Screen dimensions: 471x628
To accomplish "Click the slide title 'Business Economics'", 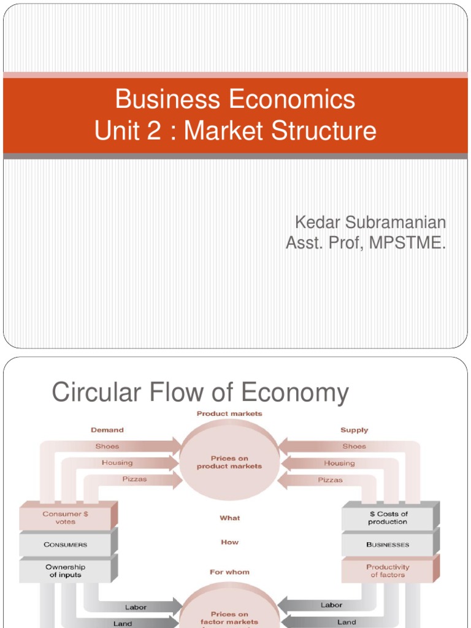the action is tap(235, 99).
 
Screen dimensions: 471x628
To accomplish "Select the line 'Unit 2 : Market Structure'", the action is tap(235, 131).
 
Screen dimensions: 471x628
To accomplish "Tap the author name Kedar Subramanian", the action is tap(370, 222).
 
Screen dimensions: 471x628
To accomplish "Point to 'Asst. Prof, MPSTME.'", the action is tap(366, 243).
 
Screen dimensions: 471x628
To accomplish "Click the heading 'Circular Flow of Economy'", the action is tap(200, 393).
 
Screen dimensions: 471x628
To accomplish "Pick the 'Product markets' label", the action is tap(229, 414).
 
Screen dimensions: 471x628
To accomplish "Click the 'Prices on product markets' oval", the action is tap(229, 462).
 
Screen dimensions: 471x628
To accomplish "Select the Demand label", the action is tap(107, 430).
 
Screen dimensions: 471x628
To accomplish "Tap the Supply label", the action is tap(354, 430).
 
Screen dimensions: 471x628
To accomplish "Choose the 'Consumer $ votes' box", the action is tap(66, 518).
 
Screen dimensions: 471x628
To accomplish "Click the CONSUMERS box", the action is tap(66, 545).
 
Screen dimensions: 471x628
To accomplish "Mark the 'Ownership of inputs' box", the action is tap(66, 571).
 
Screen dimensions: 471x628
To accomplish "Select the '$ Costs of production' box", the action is tap(388, 518).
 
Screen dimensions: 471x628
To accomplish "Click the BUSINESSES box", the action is tap(388, 545).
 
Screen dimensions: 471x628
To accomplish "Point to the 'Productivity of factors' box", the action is tap(388, 571).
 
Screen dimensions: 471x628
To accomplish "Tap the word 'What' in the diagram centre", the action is tap(230, 518).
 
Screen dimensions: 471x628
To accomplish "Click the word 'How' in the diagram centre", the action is tap(230, 542).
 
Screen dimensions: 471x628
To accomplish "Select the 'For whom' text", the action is tap(230, 572).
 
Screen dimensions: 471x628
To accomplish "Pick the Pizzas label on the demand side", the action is tap(134, 479).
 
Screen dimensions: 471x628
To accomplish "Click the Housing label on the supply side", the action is tap(339, 463).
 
